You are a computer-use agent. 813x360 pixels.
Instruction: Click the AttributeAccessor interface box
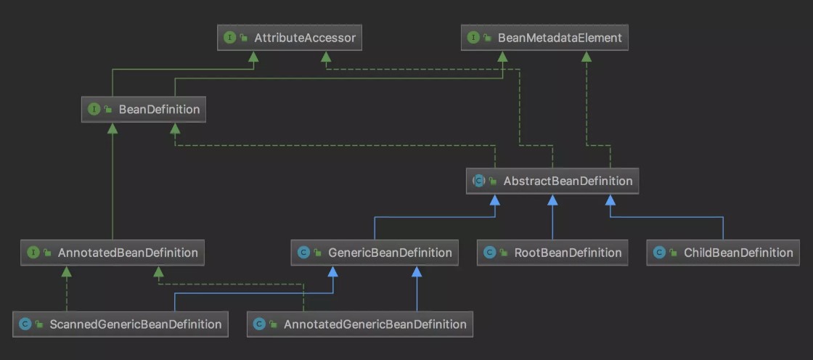pos(290,38)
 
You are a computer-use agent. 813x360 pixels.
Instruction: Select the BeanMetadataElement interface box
pos(544,38)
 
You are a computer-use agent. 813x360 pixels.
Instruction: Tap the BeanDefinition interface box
pos(144,110)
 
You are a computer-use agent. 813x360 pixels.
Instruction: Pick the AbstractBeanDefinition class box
pos(552,181)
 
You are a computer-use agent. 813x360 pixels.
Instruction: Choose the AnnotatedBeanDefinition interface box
pos(112,253)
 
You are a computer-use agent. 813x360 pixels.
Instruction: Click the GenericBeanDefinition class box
pos(375,253)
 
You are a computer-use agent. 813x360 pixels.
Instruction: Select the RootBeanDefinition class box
pos(552,253)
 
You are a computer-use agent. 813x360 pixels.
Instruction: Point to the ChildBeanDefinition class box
pos(723,253)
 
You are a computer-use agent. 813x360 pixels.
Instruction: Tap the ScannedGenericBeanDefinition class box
pos(120,324)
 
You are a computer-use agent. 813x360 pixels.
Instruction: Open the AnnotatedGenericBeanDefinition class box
pos(360,324)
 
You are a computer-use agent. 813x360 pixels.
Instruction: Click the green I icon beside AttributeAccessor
pos(229,38)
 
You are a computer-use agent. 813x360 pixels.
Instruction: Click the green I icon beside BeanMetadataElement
pos(473,38)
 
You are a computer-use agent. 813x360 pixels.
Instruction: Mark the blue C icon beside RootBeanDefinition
pos(489,253)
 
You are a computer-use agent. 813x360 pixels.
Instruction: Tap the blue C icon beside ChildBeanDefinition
pos(658,253)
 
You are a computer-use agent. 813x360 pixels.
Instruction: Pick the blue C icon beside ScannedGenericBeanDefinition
pos(25,324)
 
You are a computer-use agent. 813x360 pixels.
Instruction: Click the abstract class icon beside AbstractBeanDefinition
pos(478,181)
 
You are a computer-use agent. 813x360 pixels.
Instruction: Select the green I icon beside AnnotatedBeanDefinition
pos(33,253)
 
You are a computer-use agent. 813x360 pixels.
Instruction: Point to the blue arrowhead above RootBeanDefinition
pos(552,200)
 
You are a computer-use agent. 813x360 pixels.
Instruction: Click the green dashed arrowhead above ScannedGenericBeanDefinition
pos(66,271)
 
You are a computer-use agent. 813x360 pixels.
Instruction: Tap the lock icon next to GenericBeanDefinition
pos(317,253)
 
